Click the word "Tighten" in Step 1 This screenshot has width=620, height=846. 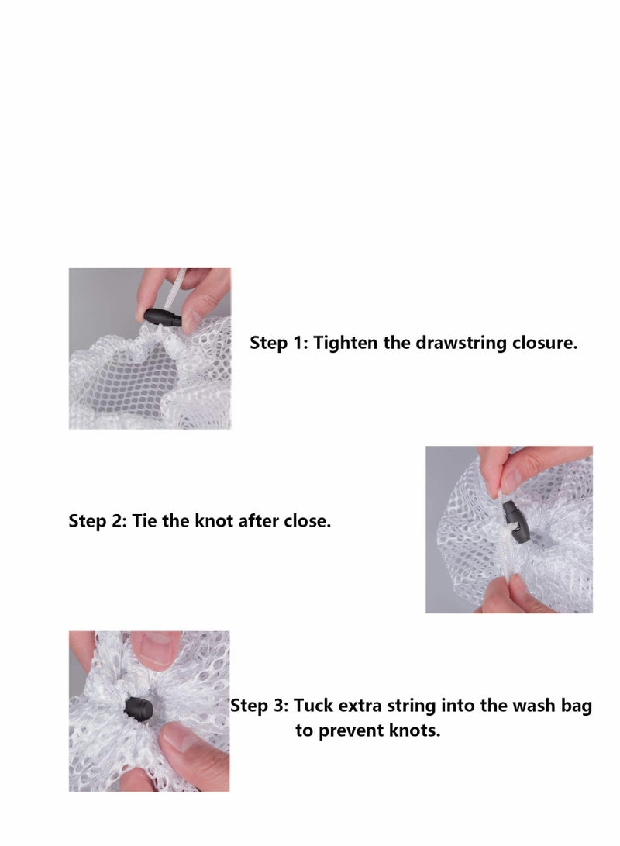(x=345, y=343)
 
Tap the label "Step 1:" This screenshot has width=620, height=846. (x=279, y=344)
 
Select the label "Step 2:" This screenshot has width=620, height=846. (x=98, y=521)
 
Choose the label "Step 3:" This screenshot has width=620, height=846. (x=260, y=706)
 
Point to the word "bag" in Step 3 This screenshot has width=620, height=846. (x=577, y=706)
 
